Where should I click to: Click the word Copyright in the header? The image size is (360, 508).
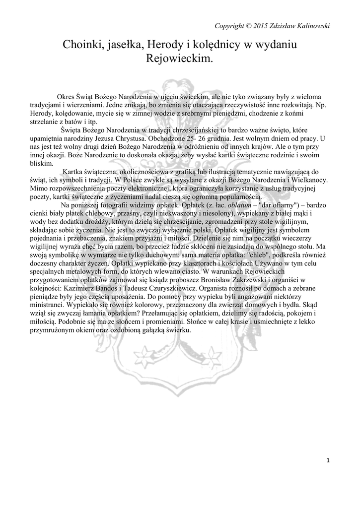tap(229, 25)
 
